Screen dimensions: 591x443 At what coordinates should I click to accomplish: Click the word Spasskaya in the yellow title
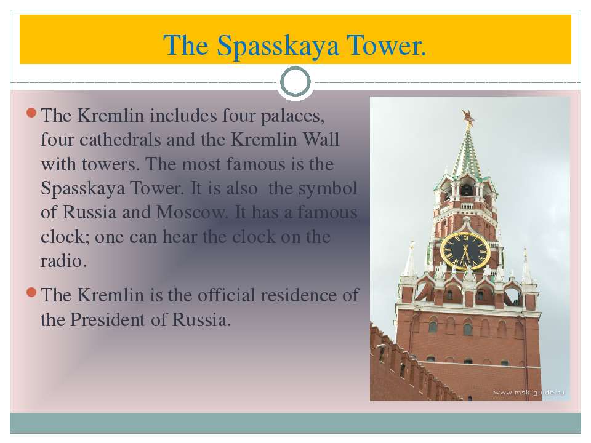[x=278, y=46]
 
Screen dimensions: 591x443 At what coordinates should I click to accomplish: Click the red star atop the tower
[x=468, y=118]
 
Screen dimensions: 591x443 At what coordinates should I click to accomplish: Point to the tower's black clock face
[x=465, y=251]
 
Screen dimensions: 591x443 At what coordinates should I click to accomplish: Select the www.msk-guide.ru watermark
[x=529, y=393]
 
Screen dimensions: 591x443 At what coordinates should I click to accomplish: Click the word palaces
[x=292, y=116]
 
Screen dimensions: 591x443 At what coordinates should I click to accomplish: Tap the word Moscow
[x=192, y=212]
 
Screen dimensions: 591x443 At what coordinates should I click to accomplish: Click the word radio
[x=63, y=261]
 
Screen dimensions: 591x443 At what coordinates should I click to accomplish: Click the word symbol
[x=328, y=188]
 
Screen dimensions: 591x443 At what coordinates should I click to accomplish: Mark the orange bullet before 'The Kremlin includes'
[x=31, y=113]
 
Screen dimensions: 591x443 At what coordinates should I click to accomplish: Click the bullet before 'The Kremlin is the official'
[x=31, y=292]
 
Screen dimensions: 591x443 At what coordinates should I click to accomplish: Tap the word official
[x=226, y=295]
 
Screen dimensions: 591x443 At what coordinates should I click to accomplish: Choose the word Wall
[x=321, y=140]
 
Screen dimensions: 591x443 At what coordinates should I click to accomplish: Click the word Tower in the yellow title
[x=387, y=46]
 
